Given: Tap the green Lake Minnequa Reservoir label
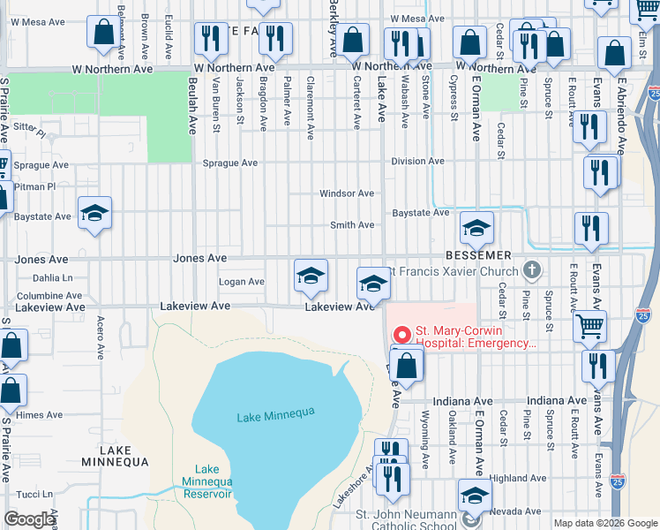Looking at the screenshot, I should click(207, 481).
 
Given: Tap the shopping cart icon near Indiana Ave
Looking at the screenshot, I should click(589, 325).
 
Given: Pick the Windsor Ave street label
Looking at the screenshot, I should click(347, 193).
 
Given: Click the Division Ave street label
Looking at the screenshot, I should click(418, 162).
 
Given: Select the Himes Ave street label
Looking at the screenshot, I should click(39, 414).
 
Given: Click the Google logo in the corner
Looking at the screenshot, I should click(30, 519).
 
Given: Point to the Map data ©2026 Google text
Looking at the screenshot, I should click(604, 523).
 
